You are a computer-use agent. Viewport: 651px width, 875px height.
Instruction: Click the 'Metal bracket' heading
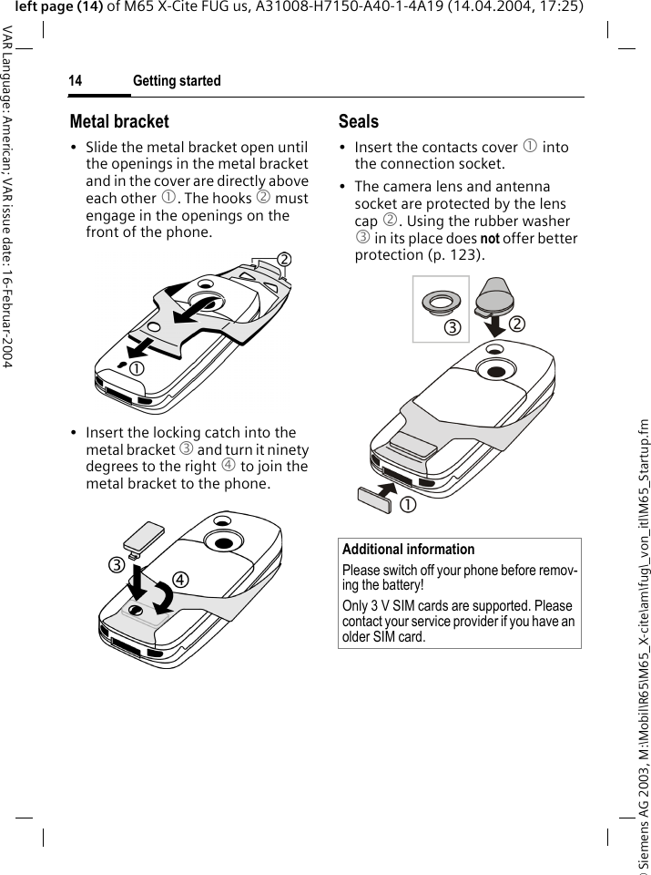coord(119,121)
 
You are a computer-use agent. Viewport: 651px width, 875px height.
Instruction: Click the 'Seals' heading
coord(358,121)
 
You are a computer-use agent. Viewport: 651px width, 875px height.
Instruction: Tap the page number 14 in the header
coord(75,81)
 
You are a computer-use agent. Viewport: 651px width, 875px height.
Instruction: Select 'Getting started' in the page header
coord(177,81)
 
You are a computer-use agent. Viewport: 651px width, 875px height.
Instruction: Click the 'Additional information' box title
coord(408,550)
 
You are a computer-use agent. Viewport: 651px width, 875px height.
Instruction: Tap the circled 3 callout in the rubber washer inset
coord(452,326)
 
